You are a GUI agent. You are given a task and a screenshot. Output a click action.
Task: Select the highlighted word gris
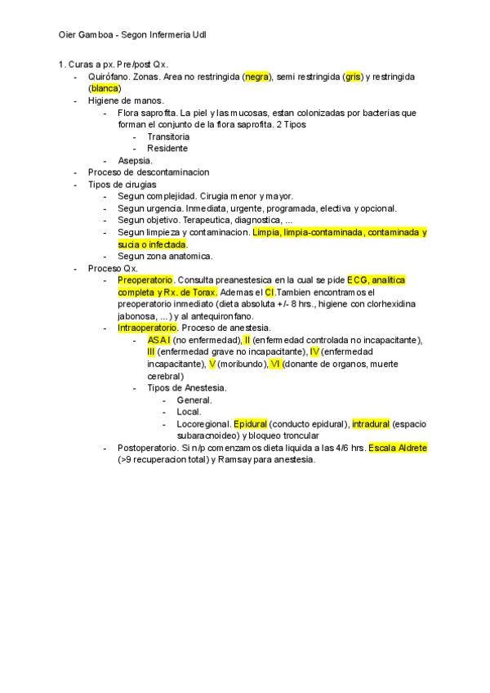[x=353, y=77]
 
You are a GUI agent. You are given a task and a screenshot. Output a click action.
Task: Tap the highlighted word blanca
[x=105, y=88]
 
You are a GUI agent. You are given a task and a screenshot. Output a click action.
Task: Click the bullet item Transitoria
[x=168, y=136]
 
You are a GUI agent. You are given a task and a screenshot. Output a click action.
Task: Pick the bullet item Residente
[x=167, y=149]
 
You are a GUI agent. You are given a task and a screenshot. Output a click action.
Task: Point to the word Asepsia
[x=135, y=161]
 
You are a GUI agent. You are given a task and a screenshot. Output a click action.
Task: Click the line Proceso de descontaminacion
[x=149, y=172]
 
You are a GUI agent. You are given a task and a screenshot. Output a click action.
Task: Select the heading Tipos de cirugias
[x=122, y=185]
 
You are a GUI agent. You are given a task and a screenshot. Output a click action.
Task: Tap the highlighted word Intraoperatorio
[x=147, y=328]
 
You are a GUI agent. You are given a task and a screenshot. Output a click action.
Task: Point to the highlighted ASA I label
[x=159, y=340]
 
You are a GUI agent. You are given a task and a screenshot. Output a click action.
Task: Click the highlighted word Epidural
[x=250, y=424]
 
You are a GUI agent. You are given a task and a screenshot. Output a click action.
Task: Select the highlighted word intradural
[x=371, y=424]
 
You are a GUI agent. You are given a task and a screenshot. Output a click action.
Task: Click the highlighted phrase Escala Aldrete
[x=398, y=449]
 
